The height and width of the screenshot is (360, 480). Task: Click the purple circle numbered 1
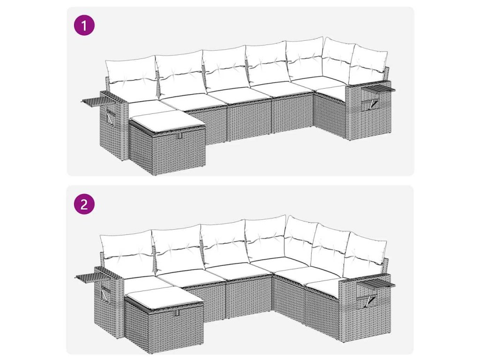point(84,25)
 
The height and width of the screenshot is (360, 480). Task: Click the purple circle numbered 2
point(84,204)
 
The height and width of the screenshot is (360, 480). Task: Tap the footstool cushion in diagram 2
point(164,297)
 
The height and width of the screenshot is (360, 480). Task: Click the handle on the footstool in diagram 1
point(180,136)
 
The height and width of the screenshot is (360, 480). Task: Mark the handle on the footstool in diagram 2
point(177,313)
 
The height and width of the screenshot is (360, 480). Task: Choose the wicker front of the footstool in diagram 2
point(176,330)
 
